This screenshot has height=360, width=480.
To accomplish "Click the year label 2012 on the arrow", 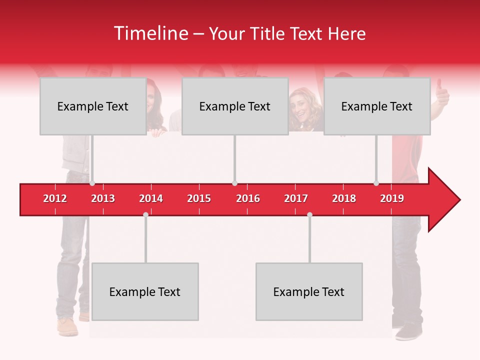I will (x=55, y=198).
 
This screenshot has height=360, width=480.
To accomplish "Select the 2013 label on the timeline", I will (x=103, y=198).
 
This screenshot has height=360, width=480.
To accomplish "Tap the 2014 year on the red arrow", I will (x=151, y=198).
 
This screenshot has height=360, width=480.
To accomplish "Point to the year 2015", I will (x=199, y=198).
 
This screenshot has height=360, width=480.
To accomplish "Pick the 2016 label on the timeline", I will (x=248, y=198).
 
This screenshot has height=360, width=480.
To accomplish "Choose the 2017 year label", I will (x=296, y=198).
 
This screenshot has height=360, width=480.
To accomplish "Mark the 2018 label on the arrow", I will (x=344, y=198).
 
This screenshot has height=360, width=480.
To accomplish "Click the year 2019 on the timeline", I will (x=392, y=198).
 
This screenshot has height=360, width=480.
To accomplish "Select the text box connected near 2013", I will (x=93, y=106).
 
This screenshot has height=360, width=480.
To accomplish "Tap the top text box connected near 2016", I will (x=235, y=106).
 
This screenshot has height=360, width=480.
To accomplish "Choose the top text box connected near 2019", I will (x=377, y=106).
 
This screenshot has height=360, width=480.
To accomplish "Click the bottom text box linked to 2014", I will (x=145, y=292).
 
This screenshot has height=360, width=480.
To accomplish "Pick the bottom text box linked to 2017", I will (x=309, y=292).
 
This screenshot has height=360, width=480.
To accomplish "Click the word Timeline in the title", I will (x=150, y=33).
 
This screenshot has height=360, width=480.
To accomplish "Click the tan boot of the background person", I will (x=67, y=327).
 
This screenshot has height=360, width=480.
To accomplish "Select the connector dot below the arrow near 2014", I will (x=145, y=214).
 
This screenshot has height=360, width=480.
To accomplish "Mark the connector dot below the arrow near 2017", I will (x=309, y=214).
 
